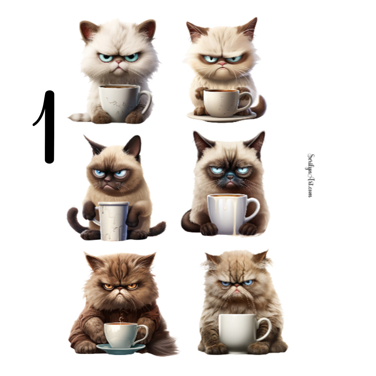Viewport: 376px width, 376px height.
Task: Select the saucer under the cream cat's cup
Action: click(x=222, y=117)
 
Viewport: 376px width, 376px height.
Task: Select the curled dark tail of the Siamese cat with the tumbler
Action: click(x=73, y=219)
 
